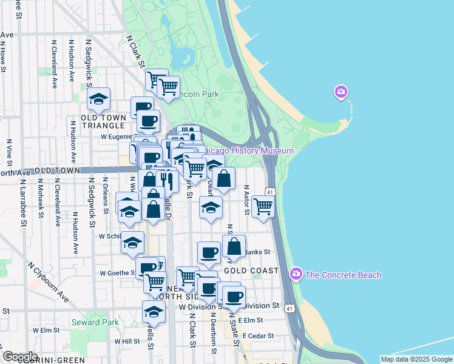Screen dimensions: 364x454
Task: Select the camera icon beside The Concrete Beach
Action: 296,274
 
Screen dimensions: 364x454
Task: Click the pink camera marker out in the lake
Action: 341,92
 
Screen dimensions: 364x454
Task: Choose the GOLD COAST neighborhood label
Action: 251,270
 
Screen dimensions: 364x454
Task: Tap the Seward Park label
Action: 95,322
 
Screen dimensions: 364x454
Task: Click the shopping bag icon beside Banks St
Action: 234,246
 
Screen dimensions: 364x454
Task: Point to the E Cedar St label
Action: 259,335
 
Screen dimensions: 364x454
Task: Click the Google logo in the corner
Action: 19,357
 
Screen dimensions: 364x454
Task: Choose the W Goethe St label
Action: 117,273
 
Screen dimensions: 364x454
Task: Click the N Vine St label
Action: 10,152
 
